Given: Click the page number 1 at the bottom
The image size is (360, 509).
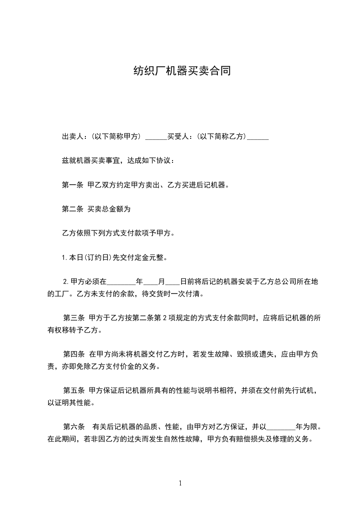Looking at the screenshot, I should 180,483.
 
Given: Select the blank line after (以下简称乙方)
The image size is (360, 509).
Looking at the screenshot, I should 259,138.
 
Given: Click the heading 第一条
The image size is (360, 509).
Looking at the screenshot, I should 72,185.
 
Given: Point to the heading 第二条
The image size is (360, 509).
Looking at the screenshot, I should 72,209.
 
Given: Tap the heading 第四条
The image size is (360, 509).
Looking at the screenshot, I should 74,354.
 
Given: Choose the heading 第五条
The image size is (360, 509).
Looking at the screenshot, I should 74,390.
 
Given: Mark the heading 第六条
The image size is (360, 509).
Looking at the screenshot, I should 74,426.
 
